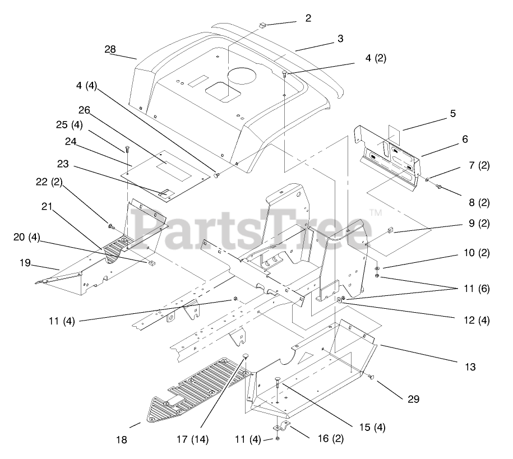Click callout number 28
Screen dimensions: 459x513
110,49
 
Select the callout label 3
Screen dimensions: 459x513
340,39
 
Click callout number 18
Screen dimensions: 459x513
122,440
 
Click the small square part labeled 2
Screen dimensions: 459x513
262,25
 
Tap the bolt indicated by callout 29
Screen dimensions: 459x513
371,379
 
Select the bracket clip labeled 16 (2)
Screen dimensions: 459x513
280,429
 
